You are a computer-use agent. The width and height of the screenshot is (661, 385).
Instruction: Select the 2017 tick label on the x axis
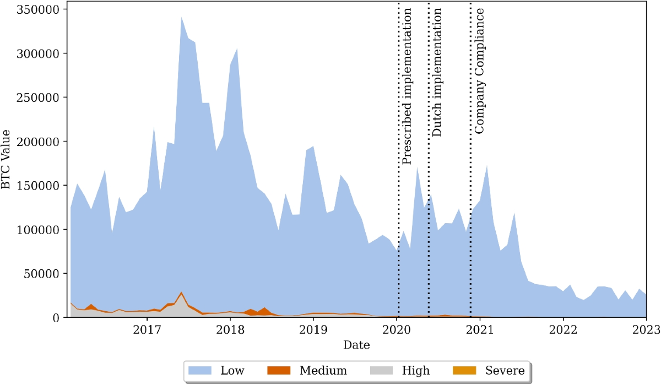pyautogui.click(x=147, y=330)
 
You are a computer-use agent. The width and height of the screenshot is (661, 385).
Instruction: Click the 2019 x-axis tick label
pyautogui.click(x=313, y=330)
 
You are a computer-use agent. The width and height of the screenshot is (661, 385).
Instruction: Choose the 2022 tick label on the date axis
pyautogui.click(x=563, y=330)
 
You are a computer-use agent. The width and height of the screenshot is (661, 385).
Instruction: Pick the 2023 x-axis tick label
pyautogui.click(x=646, y=330)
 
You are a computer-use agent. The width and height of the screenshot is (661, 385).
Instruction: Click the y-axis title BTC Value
pyautogui.click(x=7, y=159)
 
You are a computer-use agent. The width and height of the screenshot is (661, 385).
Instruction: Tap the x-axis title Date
pyautogui.click(x=356, y=345)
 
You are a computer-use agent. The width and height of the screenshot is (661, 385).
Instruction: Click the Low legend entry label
pyautogui.click(x=232, y=371)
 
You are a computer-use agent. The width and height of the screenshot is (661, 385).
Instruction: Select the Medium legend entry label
pyautogui.click(x=323, y=371)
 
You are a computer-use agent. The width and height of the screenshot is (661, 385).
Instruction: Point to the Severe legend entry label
pyautogui.click(x=505, y=371)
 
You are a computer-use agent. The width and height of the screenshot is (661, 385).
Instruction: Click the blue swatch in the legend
pyautogui.click(x=200, y=371)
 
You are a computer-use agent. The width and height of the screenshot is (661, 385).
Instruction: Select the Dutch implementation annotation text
pyautogui.click(x=437, y=72)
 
